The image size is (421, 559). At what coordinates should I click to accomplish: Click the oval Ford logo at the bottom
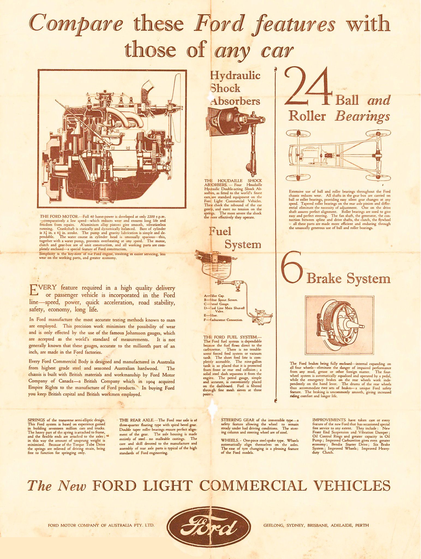tap(209, 525)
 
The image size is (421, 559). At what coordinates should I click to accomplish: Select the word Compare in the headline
tap(76, 24)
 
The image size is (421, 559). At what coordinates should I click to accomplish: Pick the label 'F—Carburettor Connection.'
tap(223, 320)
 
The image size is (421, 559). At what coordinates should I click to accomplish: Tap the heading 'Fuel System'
tap(235, 237)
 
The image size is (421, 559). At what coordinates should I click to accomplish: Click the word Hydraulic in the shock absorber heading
tap(235, 75)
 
